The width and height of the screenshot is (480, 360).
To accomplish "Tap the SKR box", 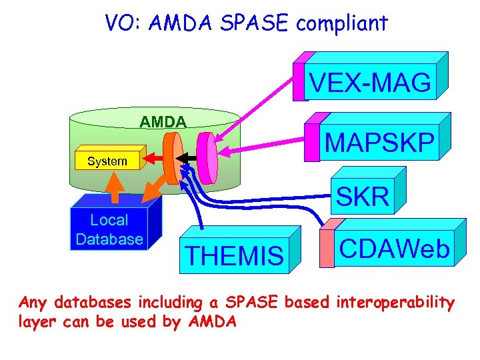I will (363, 196).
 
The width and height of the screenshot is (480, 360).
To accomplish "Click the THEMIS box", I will (234, 255).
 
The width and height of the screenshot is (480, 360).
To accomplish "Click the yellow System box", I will (107, 161).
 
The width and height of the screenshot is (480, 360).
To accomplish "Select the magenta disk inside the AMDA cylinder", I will (208, 158).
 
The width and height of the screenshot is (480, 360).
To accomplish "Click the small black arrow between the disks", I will (190, 158).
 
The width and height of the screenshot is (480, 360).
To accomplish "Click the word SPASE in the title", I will (256, 24).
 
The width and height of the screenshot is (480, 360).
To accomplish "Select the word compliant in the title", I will (342, 24).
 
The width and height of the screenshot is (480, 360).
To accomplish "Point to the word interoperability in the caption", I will (396, 303).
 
